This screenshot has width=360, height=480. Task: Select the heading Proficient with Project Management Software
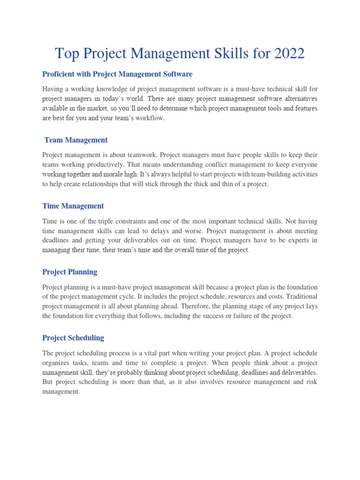117,74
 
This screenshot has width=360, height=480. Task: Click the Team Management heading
76,140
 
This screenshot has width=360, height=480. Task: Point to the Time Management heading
73,206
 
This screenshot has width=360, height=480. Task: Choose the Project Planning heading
70,272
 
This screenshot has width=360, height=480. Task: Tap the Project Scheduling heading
73,337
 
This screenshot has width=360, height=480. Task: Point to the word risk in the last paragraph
311,382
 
